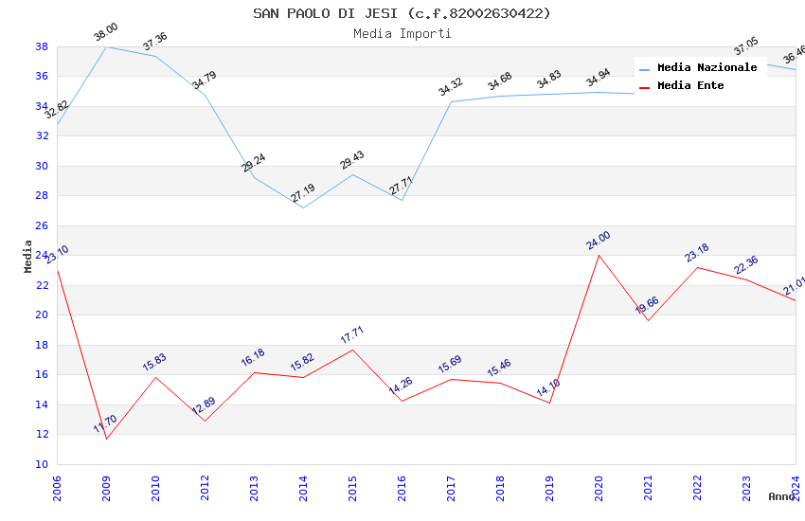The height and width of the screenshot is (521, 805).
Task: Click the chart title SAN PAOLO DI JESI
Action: [402, 13]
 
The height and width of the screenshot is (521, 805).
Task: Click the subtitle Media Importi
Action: [402, 33]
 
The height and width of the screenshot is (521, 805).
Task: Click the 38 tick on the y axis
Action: [42, 46]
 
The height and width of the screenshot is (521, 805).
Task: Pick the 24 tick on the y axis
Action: [42, 255]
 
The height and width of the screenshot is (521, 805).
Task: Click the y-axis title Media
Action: [28, 256]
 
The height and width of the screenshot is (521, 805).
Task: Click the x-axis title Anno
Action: [781, 496]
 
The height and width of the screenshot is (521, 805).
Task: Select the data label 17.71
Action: [352, 334]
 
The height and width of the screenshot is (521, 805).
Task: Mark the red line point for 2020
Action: [599, 255]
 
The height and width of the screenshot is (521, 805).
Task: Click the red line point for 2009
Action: [106, 439]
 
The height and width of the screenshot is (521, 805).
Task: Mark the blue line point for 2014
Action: [303, 207]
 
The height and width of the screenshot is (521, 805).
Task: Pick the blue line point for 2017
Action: [451, 101]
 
